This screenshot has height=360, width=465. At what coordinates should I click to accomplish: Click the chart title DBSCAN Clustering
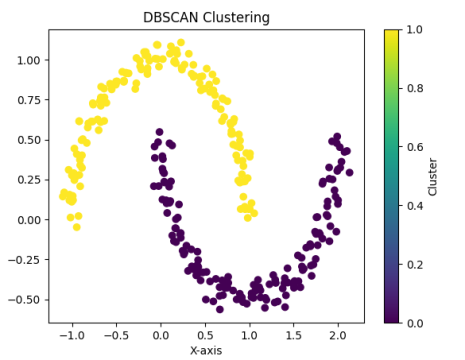pos(206,17)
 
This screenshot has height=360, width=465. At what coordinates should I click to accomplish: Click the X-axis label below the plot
pos(206,351)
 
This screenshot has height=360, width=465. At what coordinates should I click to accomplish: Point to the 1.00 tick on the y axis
pos(28,60)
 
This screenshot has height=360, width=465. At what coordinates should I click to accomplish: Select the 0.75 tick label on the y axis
pos(28,100)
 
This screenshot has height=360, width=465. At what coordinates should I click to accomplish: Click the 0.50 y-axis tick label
pos(28,140)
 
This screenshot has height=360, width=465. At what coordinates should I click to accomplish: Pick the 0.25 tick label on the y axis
pos(28,180)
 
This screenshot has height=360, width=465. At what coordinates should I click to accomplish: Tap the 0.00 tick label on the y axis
pos(28,220)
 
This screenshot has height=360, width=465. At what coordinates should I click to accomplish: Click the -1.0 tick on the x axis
pos(69,335)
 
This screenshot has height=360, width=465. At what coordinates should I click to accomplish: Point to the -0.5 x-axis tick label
pos(114,335)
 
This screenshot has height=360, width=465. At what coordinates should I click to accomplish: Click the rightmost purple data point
pos(349,172)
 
